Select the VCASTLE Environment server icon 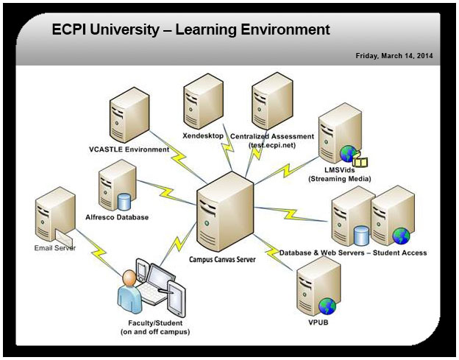(x=129, y=117)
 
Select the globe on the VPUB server (x=327, y=306)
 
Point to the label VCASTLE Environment (x=129, y=149)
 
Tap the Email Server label (x=54, y=248)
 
